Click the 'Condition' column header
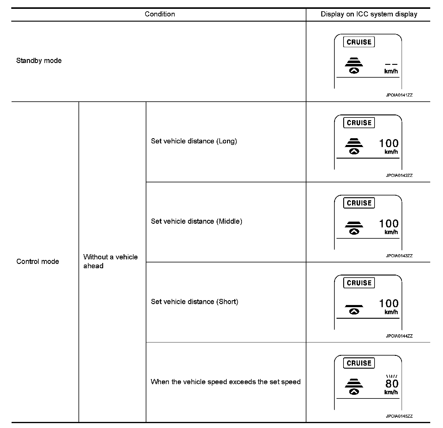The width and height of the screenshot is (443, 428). (160, 14)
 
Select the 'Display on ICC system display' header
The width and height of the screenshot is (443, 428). (369, 14)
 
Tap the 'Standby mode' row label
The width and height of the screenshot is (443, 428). (39, 61)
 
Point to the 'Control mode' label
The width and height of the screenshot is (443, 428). (38, 261)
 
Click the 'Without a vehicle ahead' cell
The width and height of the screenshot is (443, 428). (110, 261)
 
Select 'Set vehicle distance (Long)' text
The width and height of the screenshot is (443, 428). (194, 141)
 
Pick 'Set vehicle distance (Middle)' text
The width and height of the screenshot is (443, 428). (197, 221)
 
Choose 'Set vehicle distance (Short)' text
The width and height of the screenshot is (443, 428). (194, 302)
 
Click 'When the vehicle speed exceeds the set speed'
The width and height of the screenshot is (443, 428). (225, 382)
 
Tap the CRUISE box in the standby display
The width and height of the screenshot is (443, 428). (359, 42)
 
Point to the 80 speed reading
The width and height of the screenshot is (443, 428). (392, 384)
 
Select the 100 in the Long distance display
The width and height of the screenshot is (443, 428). (389, 143)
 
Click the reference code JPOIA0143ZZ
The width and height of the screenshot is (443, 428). (399, 256)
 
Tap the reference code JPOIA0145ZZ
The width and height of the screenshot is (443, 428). (399, 416)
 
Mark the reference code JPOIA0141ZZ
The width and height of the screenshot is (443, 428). (399, 95)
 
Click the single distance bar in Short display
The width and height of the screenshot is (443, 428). (354, 306)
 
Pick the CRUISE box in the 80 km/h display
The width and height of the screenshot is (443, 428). (359, 363)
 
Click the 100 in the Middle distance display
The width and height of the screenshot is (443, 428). (389, 224)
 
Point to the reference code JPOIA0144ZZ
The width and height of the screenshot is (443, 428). (399, 336)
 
